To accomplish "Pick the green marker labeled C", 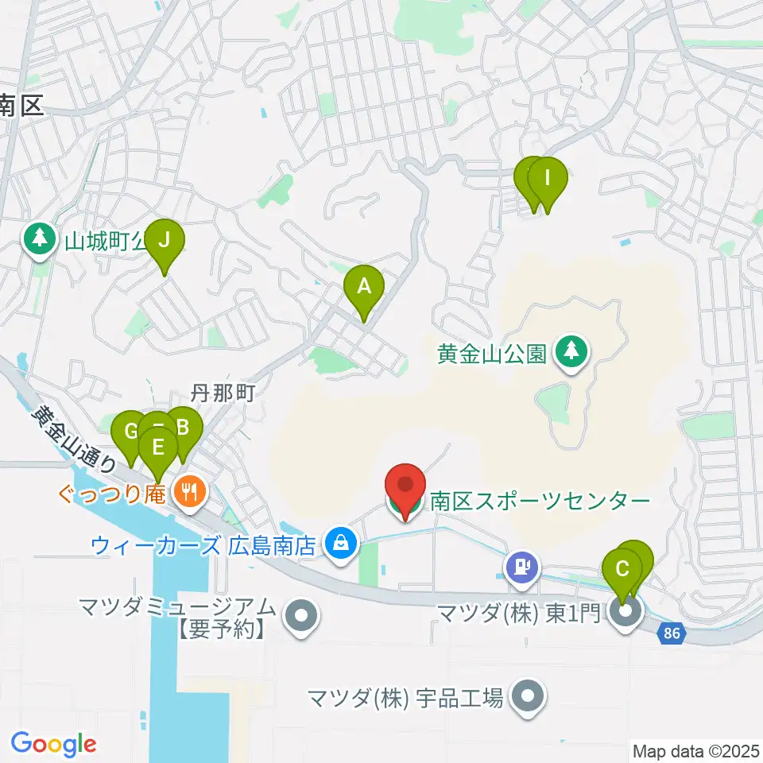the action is tap(622, 571).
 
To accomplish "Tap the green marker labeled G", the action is tap(130, 434).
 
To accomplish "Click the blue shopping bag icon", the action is tap(340, 545).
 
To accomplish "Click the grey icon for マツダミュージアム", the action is tap(300, 615).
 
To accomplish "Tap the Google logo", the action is tap(53, 744).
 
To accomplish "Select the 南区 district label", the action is tap(22, 106).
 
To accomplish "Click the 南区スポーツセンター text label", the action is tap(540, 502).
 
